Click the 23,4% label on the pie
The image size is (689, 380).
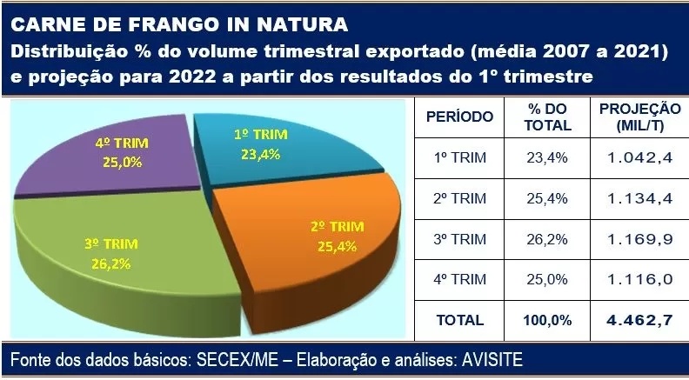(x=261, y=155)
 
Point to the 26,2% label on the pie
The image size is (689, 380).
(x=111, y=264)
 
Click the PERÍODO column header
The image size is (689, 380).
(x=459, y=117)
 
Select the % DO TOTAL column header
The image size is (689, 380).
(x=547, y=117)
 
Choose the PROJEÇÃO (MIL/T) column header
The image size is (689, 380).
(x=639, y=117)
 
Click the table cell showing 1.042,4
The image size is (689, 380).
(x=639, y=157)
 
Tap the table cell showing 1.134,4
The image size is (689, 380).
(x=639, y=198)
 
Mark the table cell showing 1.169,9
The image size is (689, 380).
(x=639, y=239)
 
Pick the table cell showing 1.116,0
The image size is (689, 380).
(x=639, y=279)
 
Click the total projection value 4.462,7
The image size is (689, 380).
(x=639, y=320)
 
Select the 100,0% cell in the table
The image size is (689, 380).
(x=547, y=320)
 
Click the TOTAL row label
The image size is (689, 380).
(x=459, y=320)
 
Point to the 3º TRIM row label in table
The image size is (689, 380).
(x=459, y=239)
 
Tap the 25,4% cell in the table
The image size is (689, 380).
(x=547, y=198)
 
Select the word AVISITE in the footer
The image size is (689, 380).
(x=492, y=360)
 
